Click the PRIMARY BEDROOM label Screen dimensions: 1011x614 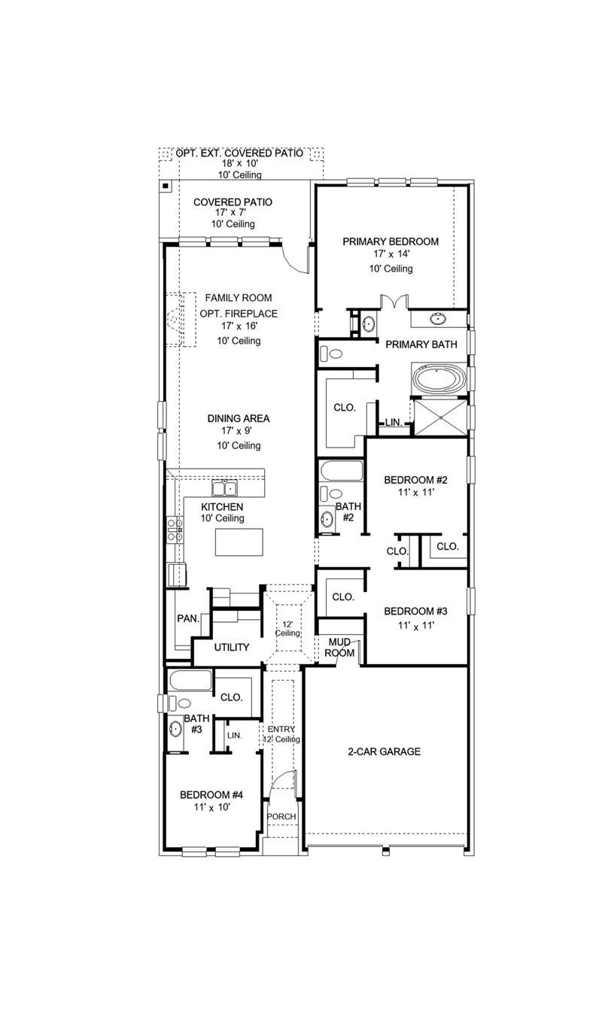(x=391, y=241)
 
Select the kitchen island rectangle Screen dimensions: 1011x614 (x=239, y=542)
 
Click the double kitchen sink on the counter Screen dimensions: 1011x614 (x=223, y=489)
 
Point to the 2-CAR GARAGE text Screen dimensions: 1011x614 (x=384, y=751)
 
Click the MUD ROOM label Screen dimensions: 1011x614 (x=339, y=648)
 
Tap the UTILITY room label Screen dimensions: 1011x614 (x=232, y=647)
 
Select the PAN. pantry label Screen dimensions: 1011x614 (x=188, y=618)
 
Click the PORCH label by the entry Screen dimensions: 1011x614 (x=282, y=817)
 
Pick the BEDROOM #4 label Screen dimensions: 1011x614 (x=211, y=794)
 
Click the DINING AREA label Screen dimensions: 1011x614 (x=239, y=418)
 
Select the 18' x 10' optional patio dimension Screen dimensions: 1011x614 (x=239, y=163)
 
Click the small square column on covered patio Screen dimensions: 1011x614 (x=165, y=185)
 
